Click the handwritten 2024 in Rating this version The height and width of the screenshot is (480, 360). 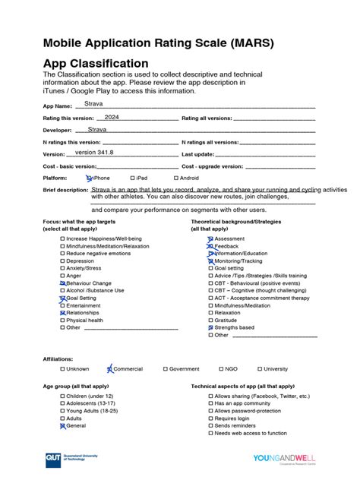click(112, 117)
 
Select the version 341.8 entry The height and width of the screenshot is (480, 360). click(93, 152)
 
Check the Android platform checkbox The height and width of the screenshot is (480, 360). click(175, 178)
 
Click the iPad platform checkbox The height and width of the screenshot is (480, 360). click(131, 178)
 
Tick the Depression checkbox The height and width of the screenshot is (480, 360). click(62, 261)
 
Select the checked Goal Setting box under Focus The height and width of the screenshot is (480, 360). click(62, 298)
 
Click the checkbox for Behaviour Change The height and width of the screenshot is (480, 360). click(62, 283)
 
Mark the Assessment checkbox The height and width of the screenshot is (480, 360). click(210, 238)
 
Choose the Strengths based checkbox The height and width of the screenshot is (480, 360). click(210, 327)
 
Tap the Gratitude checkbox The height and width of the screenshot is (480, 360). click(210, 320)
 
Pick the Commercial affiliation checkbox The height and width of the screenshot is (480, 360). click(109, 369)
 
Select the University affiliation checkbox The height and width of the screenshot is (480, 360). click(259, 369)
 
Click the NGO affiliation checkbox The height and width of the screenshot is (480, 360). click(220, 369)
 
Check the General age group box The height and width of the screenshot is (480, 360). click(62, 426)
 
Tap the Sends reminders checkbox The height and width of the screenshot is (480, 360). click(210, 426)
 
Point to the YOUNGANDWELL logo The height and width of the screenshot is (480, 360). click(284, 459)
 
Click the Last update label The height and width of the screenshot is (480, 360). click(198, 153)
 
